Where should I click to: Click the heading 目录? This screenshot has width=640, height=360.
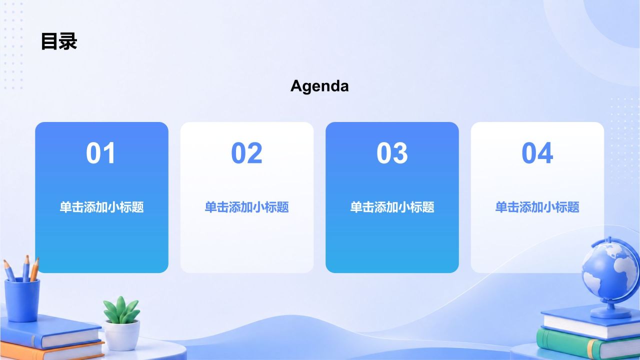pos(59,41)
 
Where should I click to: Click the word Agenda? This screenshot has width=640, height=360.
pos(319,86)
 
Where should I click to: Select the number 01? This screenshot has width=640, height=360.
pos(101,153)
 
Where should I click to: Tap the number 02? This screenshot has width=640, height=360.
pos(246,153)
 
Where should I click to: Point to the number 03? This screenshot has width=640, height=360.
pos(392,153)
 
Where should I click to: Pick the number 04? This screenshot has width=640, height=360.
pos(537,153)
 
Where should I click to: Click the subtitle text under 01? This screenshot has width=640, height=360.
pos(101,207)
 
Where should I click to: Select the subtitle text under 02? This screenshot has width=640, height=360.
pos(247,207)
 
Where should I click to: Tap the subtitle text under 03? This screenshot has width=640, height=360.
pos(392,207)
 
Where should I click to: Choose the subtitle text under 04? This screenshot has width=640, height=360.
pos(537,207)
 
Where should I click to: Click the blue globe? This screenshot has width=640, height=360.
pos(610,271)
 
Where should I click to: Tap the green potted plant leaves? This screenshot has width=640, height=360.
pos(121,310)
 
